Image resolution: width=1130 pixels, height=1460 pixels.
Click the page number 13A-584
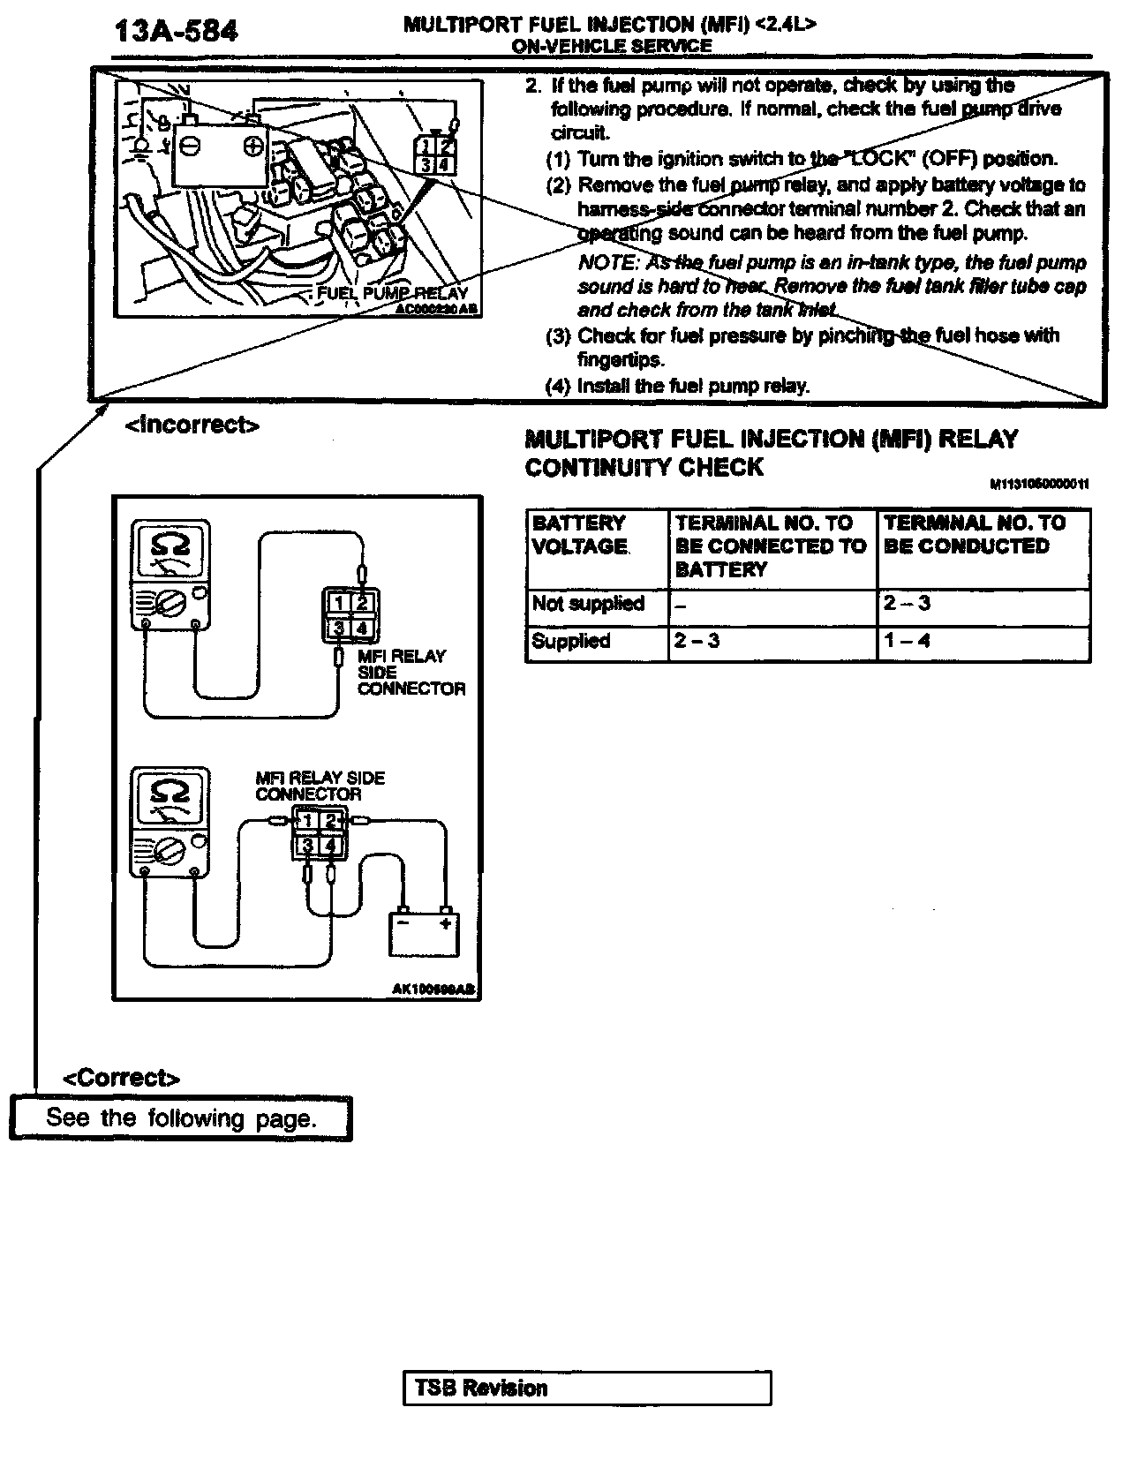pos(176,33)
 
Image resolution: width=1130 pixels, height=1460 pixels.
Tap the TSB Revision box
pos(587,1388)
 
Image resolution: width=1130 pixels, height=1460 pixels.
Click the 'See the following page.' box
pos(181,1118)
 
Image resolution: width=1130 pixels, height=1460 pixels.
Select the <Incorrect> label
pos(192,425)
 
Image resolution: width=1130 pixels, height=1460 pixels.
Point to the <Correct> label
pos(122,1078)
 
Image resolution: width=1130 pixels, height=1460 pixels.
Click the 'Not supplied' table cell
pos(588,604)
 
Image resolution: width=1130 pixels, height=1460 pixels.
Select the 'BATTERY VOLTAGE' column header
pos(580,535)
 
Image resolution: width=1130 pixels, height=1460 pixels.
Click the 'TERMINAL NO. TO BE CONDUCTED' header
pos(974,535)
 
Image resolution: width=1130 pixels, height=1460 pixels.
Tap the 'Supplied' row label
pos(571,641)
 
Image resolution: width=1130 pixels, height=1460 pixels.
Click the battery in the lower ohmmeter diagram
pos(424,934)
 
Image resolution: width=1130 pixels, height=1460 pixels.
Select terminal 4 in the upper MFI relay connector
pos(362,628)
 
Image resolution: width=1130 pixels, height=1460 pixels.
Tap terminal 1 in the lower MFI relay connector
pos(305,822)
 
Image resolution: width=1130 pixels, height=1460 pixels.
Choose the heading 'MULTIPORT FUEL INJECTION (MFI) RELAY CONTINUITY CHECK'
pos(771,453)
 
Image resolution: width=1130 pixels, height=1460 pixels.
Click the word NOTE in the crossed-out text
pos(606,262)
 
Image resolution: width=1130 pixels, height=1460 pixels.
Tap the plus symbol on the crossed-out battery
pos(252,146)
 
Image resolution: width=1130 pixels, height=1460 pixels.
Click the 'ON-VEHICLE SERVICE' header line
pos(611,47)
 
